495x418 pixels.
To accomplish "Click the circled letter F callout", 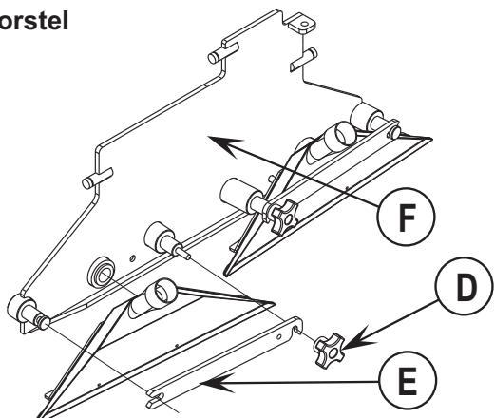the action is (406, 217).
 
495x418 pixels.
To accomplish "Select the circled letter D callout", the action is (465, 286).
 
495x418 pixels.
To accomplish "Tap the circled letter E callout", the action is (408, 380).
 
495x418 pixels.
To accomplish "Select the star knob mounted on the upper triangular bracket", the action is (283, 218).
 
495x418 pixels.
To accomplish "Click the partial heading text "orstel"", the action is (33, 22).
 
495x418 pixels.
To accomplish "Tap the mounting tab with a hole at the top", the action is (302, 25).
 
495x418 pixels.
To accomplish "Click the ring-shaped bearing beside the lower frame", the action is (102, 274).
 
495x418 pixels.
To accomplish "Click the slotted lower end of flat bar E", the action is (156, 399).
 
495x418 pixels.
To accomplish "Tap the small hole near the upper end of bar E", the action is (278, 336).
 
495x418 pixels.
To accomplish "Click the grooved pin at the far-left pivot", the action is (42, 321).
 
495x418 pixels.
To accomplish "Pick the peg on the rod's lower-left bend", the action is (97, 178).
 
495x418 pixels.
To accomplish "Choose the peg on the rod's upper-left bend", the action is (223, 53).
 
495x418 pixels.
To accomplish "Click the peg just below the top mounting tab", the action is (303, 60).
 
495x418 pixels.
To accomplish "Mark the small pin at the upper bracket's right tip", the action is (394, 132).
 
